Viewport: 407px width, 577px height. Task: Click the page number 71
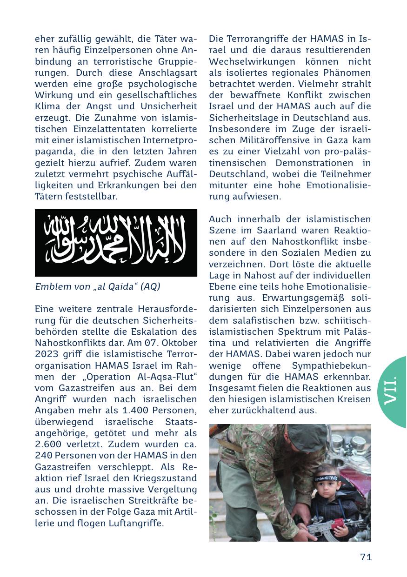366,557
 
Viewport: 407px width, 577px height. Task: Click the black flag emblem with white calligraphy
116,243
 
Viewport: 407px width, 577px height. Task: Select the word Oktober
180,343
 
